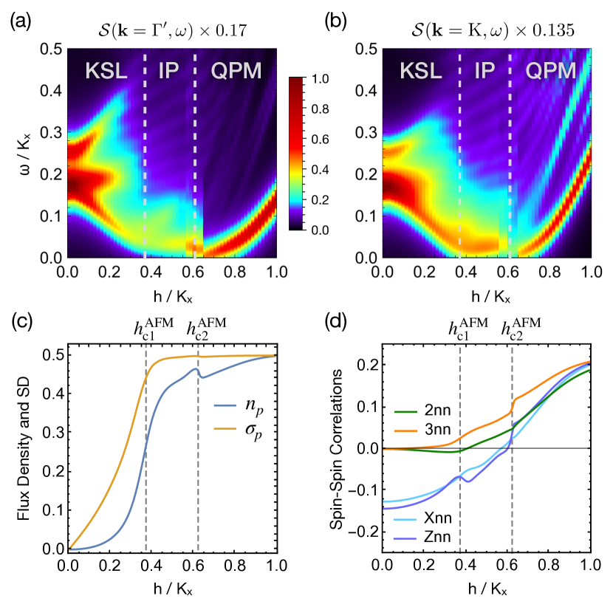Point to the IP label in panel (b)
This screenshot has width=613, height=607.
tap(484, 71)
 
